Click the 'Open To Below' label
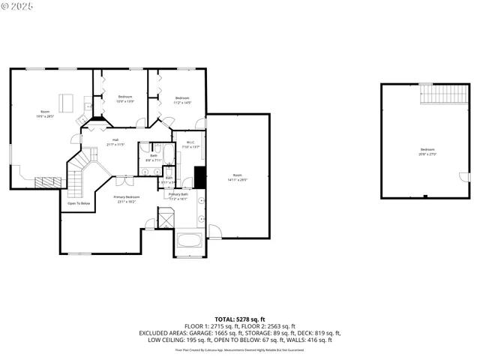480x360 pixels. [79, 203]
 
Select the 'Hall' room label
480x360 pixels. [116, 140]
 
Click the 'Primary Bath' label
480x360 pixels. [178, 194]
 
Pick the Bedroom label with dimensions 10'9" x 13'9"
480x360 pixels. [125, 97]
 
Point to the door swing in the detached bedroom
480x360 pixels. [464, 178]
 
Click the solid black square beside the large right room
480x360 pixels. [200, 178]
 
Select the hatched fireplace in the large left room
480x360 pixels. [51, 181]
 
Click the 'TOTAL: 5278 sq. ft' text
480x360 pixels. [239, 319]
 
